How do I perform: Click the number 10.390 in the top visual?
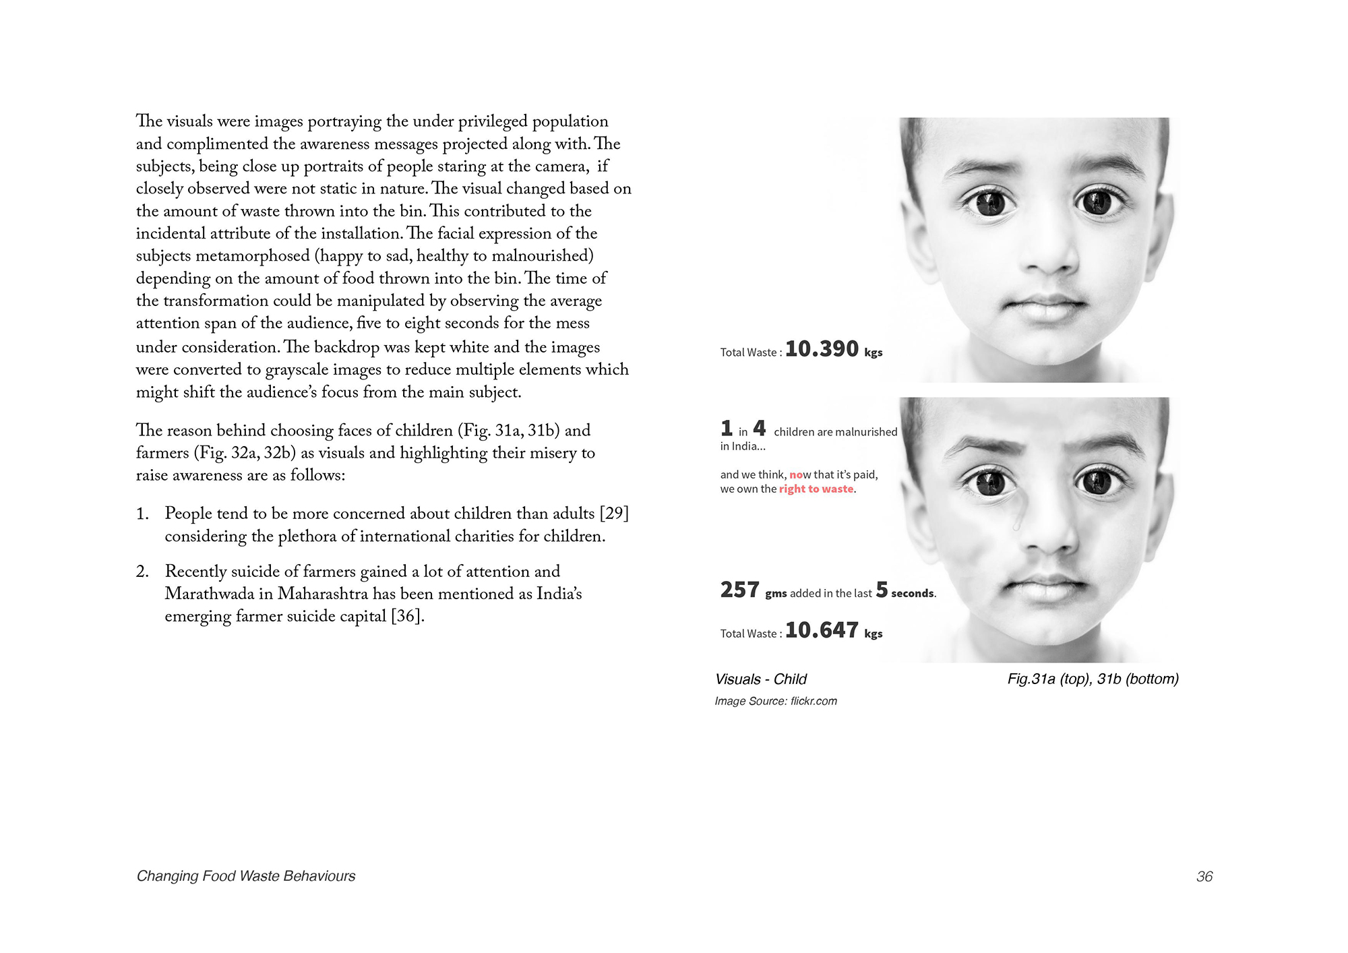tap(822, 349)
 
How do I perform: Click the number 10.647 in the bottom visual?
tap(822, 630)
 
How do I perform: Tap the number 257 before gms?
tap(739, 590)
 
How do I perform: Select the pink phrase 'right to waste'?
tap(816, 489)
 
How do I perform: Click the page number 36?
tap(1204, 876)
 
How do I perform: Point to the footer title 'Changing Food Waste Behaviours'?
tap(246, 876)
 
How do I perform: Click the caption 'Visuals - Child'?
tap(760, 679)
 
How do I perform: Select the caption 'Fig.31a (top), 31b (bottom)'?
tap(1093, 679)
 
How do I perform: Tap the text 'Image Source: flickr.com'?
tap(776, 702)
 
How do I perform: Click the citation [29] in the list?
tap(613, 514)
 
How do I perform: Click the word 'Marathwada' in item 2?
tap(209, 594)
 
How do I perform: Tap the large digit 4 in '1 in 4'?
tap(759, 428)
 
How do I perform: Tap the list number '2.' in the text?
tap(142, 572)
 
